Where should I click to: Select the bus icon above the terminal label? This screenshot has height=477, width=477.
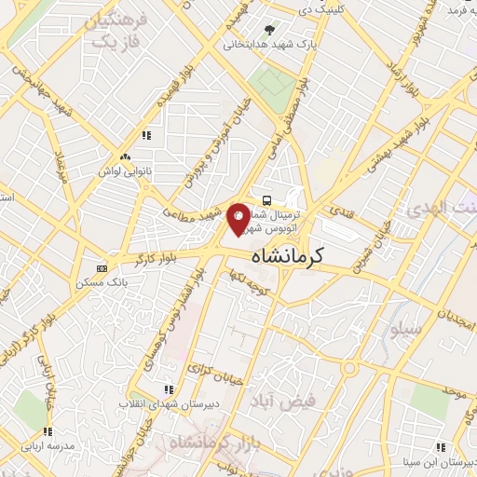[268, 199]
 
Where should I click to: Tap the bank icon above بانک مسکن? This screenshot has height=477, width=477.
[102, 268]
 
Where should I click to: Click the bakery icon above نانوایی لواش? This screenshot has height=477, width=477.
[125, 157]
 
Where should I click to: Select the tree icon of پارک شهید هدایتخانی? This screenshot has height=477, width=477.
[270, 30]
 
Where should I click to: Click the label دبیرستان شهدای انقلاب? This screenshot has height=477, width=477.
[167, 403]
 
